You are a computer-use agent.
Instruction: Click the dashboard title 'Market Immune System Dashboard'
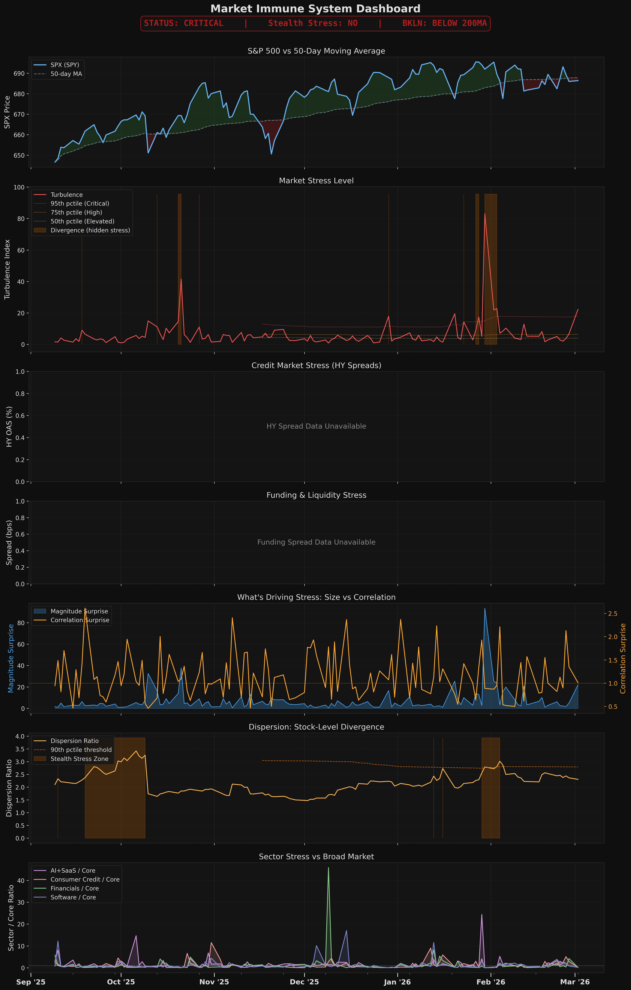pyautogui.click(x=315, y=9)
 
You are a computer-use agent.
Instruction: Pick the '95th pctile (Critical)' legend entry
pyautogui.click(x=80, y=203)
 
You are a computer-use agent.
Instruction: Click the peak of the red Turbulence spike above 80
pyautogui.click(x=485, y=213)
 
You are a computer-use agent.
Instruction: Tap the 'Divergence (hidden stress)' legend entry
pyautogui.click(x=90, y=230)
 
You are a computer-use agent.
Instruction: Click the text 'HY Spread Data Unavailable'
pyautogui.click(x=316, y=426)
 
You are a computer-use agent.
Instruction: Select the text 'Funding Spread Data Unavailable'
pyautogui.click(x=316, y=542)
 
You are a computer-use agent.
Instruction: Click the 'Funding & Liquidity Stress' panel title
pyautogui.click(x=316, y=495)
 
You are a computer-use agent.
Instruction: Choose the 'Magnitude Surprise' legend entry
pyautogui.click(x=79, y=611)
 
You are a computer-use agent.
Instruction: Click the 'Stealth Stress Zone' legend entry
pyautogui.click(x=79, y=759)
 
